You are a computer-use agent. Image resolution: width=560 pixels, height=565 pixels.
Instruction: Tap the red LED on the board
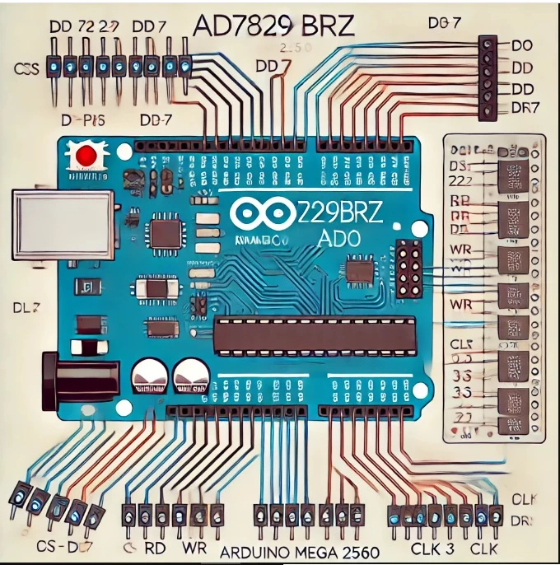click(85, 154)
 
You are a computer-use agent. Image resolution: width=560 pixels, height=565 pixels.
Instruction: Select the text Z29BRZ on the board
click(331, 212)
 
